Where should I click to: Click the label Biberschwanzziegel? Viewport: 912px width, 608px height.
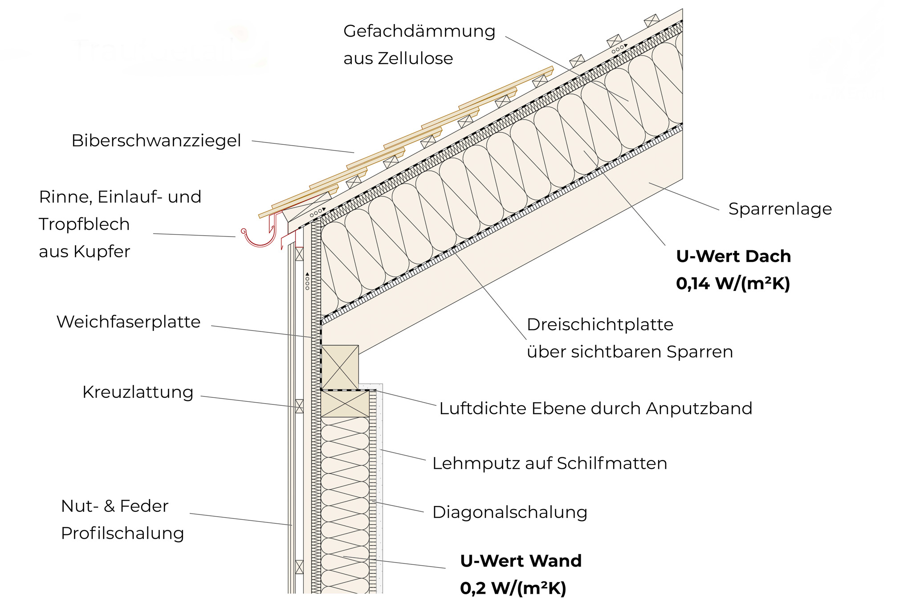(156, 141)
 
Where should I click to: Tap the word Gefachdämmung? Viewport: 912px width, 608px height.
(419, 32)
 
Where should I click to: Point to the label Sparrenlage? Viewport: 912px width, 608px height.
(780, 209)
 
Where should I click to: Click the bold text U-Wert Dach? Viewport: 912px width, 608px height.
(733, 256)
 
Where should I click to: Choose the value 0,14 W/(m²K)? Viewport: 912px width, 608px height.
(733, 283)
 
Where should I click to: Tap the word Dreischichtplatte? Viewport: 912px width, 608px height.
(600, 325)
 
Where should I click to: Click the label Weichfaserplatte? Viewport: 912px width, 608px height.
(129, 322)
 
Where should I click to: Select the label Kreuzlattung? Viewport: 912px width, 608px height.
(138, 392)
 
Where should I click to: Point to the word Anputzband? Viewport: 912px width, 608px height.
(699, 409)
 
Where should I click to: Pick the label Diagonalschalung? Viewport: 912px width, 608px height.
(510, 513)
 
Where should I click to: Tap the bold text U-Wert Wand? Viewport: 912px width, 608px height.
(521, 561)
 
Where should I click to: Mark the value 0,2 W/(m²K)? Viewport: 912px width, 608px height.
(513, 588)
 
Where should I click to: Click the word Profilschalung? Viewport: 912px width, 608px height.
(122, 534)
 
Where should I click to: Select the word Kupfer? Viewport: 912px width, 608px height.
(102, 252)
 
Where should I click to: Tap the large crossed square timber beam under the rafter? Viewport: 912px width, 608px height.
(340, 367)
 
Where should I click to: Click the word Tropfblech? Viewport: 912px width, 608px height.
(84, 224)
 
